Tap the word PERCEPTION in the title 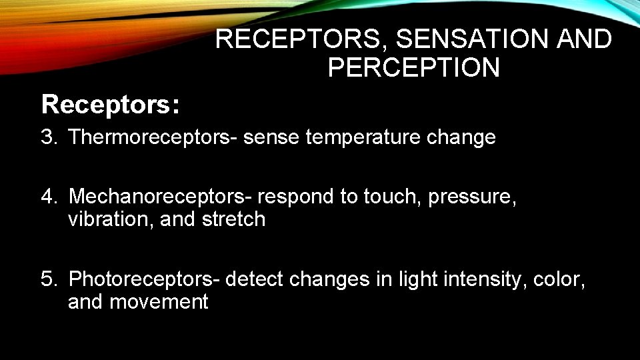(413, 67)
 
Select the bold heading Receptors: (110, 105)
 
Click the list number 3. (47, 138)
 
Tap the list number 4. (47, 197)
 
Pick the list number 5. (47, 279)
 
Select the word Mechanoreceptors (159, 197)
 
